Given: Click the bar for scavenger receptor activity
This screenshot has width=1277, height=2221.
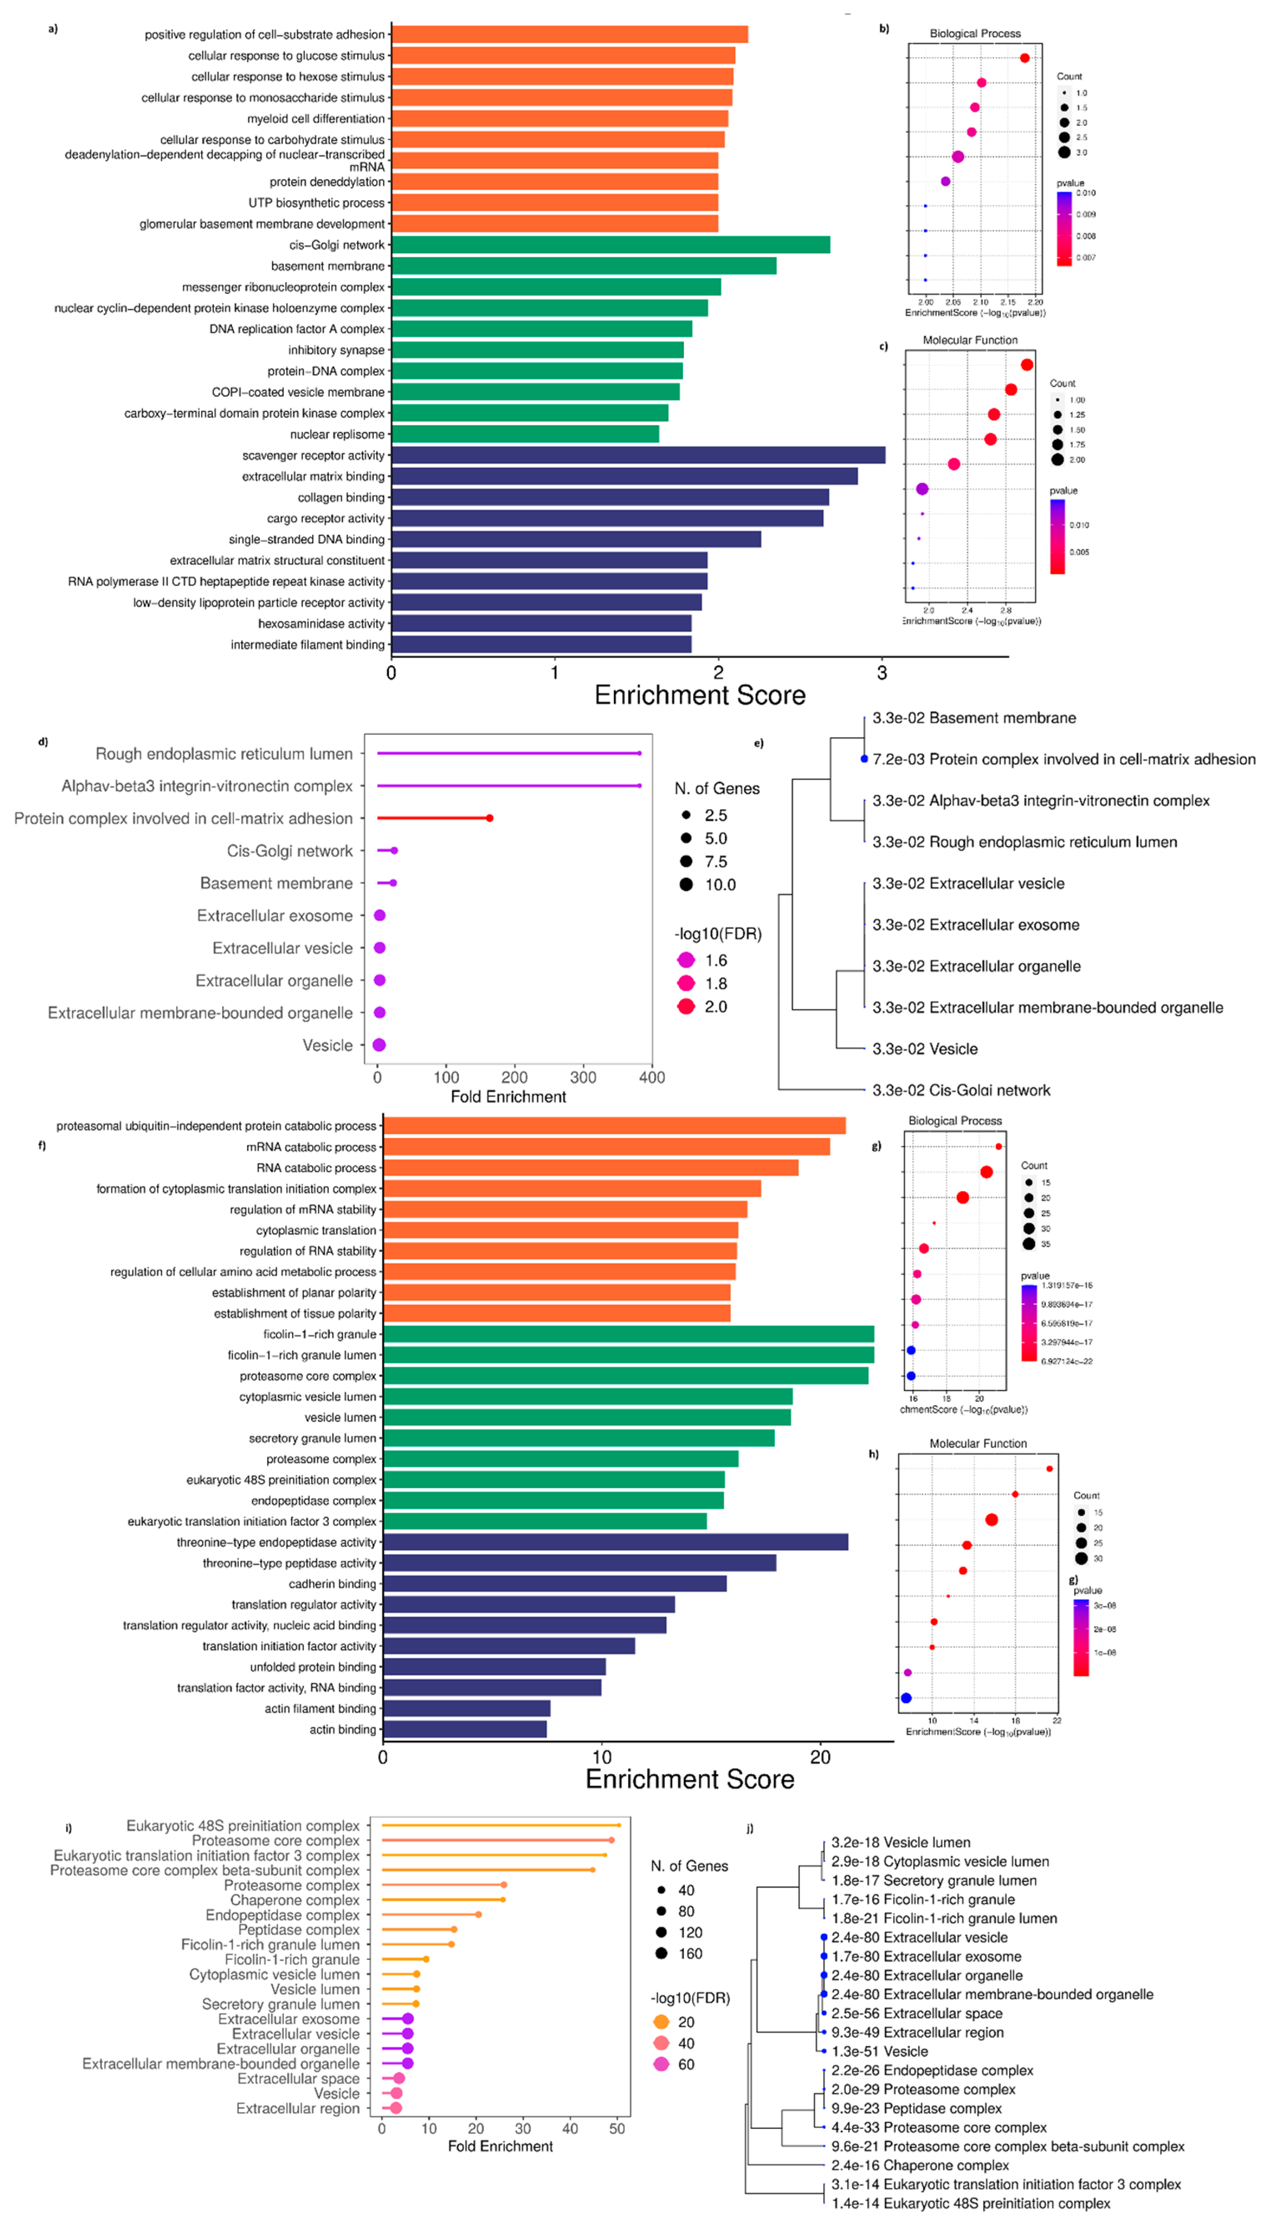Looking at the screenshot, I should point(638,455).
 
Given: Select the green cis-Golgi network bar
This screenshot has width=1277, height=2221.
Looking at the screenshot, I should point(611,245).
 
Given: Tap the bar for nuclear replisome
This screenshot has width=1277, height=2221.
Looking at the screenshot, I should point(524,434).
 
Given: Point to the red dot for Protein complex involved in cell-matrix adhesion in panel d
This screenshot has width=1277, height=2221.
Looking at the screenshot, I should point(489,818).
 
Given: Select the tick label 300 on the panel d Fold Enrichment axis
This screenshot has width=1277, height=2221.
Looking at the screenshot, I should point(583,1077).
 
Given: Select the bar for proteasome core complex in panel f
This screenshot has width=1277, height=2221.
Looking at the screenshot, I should point(625,1375).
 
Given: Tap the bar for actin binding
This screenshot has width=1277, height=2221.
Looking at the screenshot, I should point(465,1729).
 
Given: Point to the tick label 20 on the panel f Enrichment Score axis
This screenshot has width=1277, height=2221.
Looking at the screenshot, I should point(820,1757).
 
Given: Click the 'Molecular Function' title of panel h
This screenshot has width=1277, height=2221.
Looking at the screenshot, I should point(978,1443).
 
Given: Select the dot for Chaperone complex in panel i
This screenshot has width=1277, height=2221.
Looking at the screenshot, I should point(503,1900).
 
